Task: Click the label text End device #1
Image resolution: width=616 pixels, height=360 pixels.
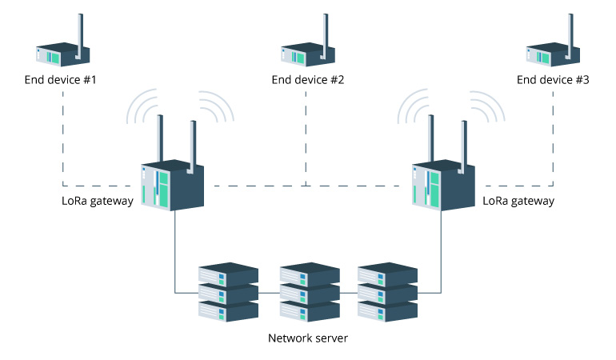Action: point(62,80)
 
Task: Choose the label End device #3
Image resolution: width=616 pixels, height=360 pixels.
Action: point(553,80)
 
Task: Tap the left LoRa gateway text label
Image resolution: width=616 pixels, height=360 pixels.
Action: point(98,201)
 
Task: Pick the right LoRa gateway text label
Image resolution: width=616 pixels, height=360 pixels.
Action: point(518,201)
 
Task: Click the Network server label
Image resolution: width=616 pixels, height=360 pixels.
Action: point(308,338)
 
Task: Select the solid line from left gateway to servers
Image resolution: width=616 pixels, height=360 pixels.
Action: point(175,256)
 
